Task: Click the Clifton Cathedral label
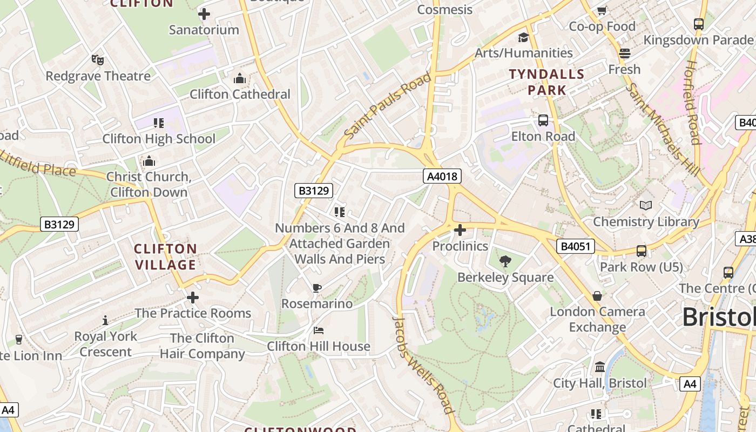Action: point(240,94)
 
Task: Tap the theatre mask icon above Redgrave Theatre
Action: point(97,59)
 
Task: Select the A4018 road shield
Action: point(442,176)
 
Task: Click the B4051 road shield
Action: point(576,247)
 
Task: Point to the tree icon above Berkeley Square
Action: point(505,262)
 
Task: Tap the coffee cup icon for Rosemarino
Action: point(317,288)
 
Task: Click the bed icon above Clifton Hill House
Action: point(319,330)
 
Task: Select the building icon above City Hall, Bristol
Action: point(599,368)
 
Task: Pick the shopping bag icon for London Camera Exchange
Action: point(597,296)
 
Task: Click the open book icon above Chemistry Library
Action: point(646,205)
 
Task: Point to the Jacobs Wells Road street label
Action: point(422,364)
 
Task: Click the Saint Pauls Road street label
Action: point(388,105)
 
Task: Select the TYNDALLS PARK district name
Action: point(546,82)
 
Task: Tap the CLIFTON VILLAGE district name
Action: point(165,256)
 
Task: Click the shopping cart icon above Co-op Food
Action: point(602,10)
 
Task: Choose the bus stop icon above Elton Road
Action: point(543,120)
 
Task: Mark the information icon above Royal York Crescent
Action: point(105,321)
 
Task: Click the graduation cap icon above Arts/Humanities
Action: point(523,37)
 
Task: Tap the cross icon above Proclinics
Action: point(460,231)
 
